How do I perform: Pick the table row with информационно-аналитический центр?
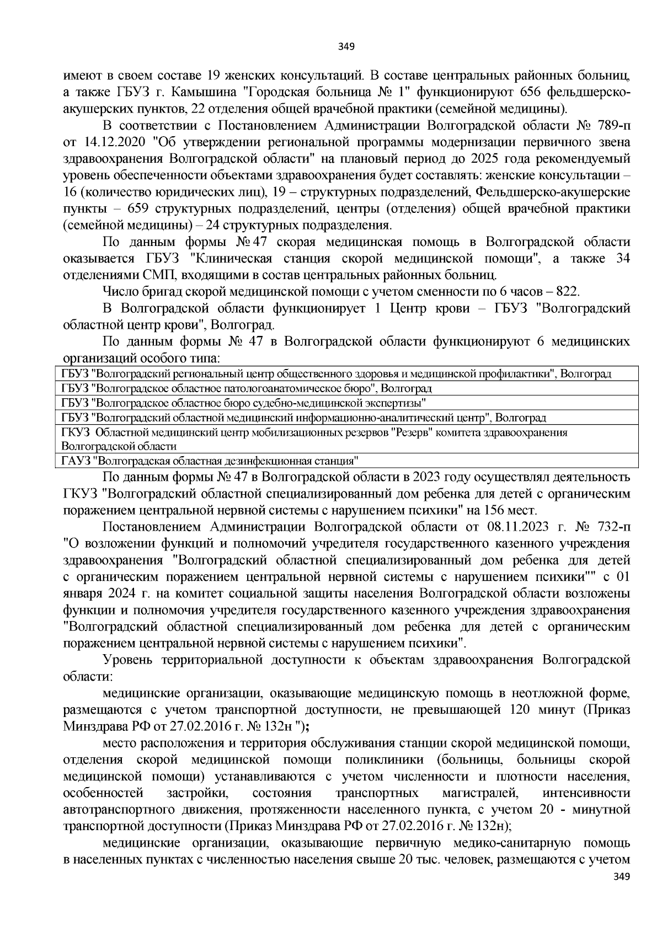click(x=303, y=418)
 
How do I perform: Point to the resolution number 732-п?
click(x=610, y=527)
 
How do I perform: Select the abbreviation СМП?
click(x=161, y=275)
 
